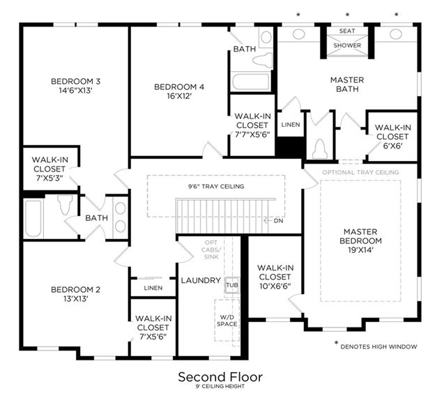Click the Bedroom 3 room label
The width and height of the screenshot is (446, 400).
[x=75, y=82]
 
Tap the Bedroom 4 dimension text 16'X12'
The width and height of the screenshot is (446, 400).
[x=179, y=96]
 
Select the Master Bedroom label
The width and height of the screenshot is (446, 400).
[x=360, y=236]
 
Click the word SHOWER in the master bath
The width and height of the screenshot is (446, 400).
[x=347, y=45]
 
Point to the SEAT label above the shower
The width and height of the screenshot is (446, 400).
[x=347, y=31]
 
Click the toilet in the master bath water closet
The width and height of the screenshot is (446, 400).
[x=320, y=149]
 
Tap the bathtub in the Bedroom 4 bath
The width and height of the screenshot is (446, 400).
[x=251, y=82]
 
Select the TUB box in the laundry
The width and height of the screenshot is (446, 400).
[x=232, y=285]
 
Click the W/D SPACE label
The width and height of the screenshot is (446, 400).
[x=227, y=321]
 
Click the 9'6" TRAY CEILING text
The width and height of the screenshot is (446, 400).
[x=216, y=186]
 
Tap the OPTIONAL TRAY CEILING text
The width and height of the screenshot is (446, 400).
[x=360, y=172]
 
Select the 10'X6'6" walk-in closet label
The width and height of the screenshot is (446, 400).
[x=275, y=286]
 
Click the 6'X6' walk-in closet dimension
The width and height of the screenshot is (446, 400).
[x=392, y=146]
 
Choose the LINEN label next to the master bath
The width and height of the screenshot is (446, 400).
[x=291, y=125]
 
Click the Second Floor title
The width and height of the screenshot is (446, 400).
[x=220, y=377]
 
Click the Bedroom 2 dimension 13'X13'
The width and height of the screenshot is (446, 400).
[x=75, y=299]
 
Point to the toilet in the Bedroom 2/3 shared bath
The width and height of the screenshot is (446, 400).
[x=65, y=204]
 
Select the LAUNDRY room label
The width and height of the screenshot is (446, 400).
[x=201, y=281]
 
